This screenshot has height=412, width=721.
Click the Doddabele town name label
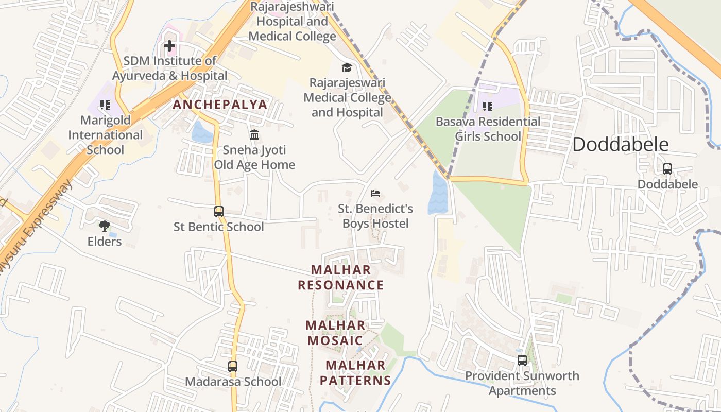[621, 145]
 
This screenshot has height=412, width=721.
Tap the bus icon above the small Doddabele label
[667, 168]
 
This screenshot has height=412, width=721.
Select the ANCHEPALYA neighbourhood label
[220, 105]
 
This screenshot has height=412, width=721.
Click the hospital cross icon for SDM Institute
[169, 46]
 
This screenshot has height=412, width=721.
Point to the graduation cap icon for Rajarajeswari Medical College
[347, 67]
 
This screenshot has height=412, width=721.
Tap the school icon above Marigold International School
[105, 105]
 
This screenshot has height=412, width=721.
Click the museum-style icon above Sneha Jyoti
[254, 135]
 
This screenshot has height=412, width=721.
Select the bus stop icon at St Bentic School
[219, 211]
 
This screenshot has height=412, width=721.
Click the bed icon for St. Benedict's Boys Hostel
[376, 194]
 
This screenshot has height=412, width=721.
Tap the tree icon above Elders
[105, 226]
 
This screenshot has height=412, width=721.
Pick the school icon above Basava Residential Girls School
[488, 107]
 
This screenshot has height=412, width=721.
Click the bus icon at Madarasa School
[233, 367]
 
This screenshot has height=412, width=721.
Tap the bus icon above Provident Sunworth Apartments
[522, 360]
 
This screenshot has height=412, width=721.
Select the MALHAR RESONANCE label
[341, 278]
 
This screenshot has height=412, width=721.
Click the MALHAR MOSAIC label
[335, 333]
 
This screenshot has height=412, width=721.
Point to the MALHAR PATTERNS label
[355, 373]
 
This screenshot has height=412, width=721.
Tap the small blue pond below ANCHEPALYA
[201, 132]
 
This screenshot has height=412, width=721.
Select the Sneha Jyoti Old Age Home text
[254, 158]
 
